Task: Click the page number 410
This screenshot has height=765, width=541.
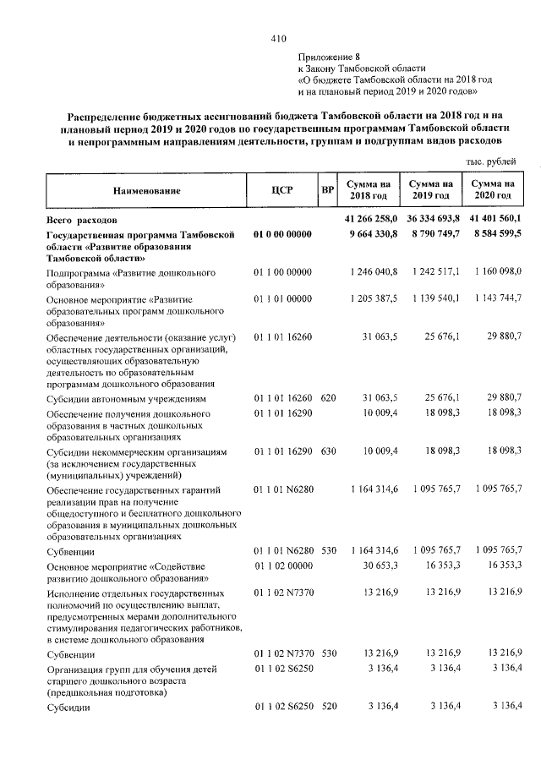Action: point(279,38)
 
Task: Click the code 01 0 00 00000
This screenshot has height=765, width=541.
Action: point(282,234)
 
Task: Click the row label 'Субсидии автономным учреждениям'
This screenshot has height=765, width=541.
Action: point(126,398)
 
